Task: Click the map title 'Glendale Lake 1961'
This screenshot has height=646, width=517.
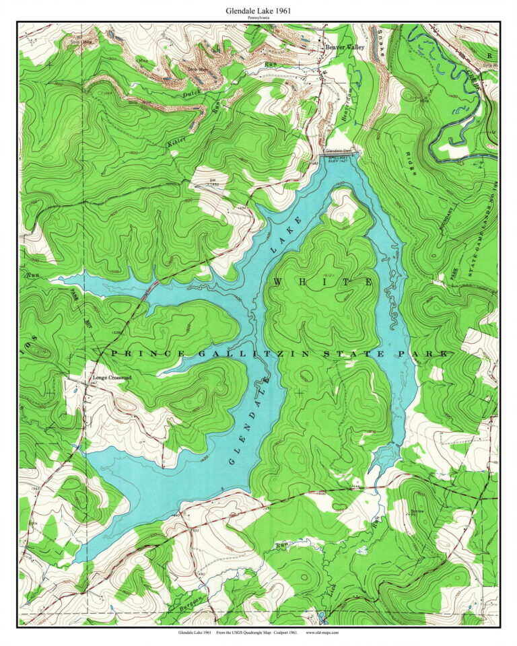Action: [258, 11]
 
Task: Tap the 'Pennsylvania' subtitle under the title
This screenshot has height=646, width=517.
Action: [258, 17]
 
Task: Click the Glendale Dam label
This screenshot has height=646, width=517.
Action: [339, 150]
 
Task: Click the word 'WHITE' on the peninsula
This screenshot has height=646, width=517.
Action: [322, 283]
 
